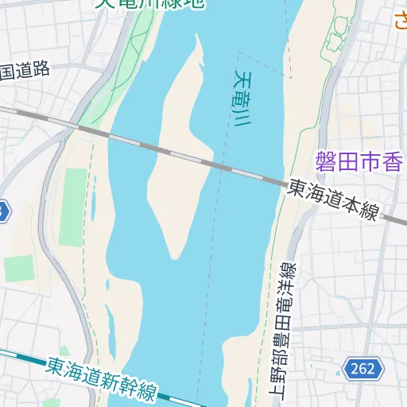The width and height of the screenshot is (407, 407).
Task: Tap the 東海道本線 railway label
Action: [334, 200]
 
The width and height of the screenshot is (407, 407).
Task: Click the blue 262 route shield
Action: [363, 368]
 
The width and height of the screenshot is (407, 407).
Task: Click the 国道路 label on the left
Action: [24, 71]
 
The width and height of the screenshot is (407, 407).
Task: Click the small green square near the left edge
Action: [16, 268]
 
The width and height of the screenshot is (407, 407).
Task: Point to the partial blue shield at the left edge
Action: [3, 211]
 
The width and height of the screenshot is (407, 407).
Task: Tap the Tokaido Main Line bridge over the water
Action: [191, 157]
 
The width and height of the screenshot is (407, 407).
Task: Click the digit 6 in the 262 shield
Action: [363, 368]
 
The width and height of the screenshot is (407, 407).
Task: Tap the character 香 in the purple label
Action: [393, 163]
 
